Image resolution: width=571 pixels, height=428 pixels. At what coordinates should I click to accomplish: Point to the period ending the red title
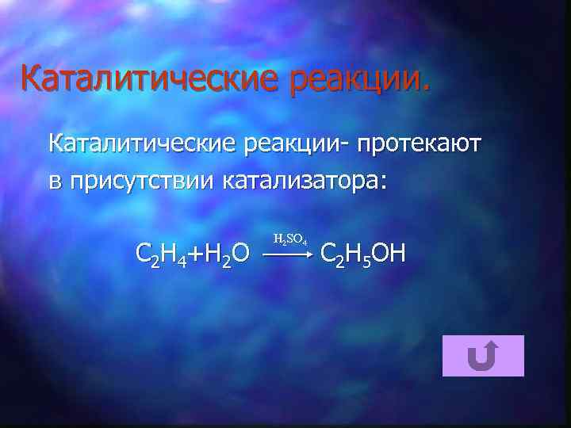point(429,90)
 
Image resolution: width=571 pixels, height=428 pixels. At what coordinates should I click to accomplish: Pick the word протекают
point(420,144)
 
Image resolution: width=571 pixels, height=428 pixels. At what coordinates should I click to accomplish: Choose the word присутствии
point(143,181)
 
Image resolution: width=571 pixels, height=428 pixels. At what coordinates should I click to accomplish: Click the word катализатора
point(301,182)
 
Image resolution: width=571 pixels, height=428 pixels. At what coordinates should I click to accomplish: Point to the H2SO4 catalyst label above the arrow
point(289,238)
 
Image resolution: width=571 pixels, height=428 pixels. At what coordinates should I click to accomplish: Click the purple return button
point(483,355)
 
